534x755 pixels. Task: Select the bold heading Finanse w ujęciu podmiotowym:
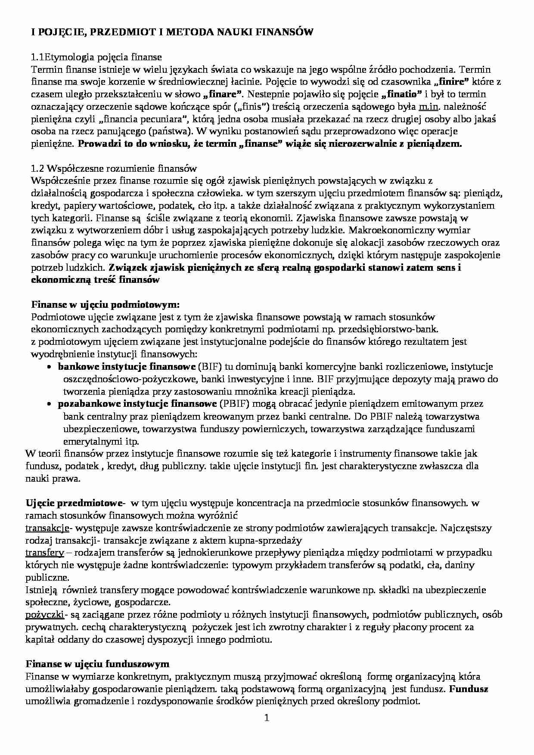tap(106, 305)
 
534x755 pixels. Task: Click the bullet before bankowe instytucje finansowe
tap(50, 367)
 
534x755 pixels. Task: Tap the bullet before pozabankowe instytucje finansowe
tap(50, 404)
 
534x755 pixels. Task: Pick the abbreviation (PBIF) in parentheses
tap(233, 404)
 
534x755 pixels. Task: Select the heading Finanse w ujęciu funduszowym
tap(97, 664)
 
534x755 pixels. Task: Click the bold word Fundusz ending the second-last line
tap(469, 689)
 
